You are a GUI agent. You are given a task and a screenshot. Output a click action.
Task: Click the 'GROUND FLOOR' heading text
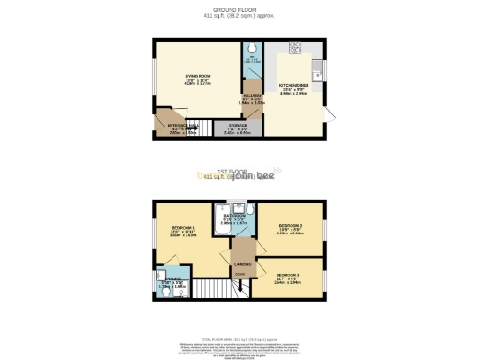(x=239, y=10)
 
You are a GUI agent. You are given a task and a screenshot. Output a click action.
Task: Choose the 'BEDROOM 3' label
(x=288, y=273)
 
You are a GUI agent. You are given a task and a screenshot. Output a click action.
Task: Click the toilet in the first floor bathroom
(x=240, y=208)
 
